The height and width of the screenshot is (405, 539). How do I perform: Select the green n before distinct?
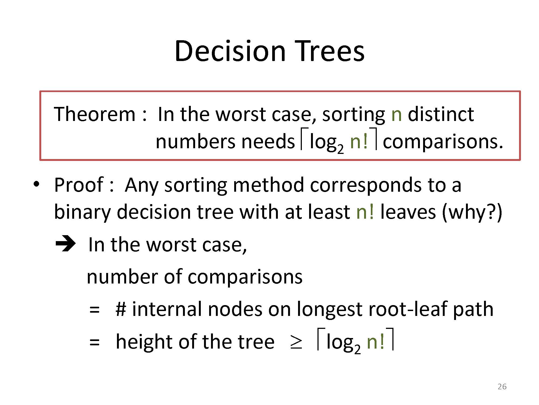(396, 116)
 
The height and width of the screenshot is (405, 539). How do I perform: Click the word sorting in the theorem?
(354, 115)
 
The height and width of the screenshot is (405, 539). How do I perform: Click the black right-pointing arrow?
(65, 244)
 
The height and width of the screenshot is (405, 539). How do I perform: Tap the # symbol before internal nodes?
(121, 309)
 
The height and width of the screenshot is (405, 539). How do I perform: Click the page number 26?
(502, 387)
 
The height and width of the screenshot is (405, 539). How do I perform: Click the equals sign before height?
(95, 343)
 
